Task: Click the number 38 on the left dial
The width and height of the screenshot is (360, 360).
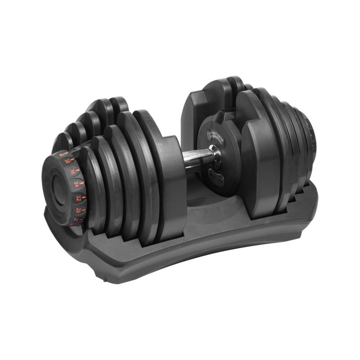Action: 67,160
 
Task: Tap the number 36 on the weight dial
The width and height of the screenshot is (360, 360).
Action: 72,171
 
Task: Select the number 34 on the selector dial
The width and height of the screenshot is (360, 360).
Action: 76,184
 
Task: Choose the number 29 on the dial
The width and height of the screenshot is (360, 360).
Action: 78,211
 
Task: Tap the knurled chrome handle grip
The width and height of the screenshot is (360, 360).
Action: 198,157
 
